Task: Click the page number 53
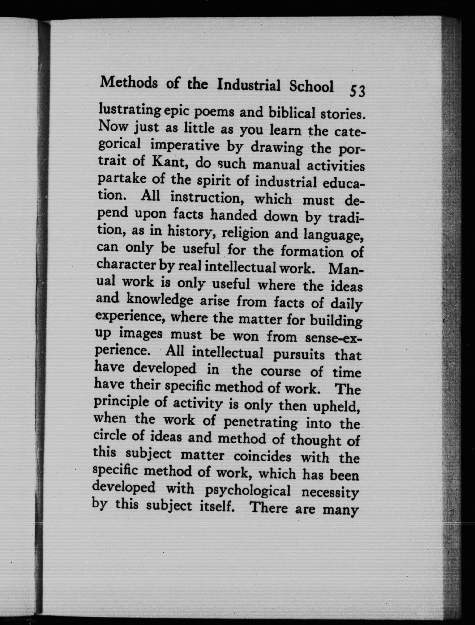pos(358,91)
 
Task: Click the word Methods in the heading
pos(129,83)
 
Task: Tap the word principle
pos(122,403)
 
